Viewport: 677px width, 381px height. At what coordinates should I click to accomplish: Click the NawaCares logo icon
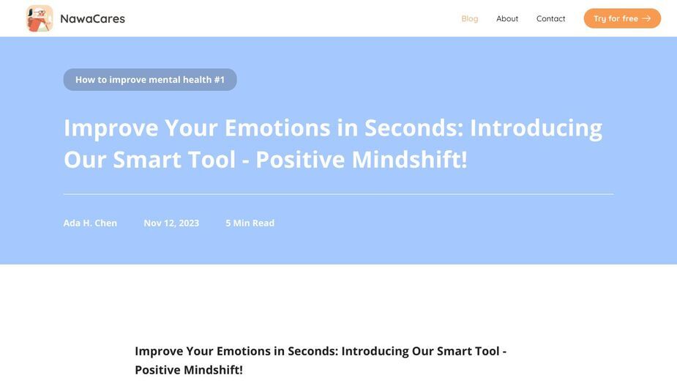[40, 18]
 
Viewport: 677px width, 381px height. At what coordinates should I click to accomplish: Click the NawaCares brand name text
[92, 18]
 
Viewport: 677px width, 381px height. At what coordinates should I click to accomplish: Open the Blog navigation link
[470, 18]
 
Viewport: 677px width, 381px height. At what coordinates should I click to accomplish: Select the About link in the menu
[507, 18]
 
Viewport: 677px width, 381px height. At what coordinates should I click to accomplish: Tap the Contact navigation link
[550, 18]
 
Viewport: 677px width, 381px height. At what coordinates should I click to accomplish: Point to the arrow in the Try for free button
[646, 18]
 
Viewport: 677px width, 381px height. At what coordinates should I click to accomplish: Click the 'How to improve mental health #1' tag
[150, 80]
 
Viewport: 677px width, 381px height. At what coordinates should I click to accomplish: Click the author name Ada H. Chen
[90, 223]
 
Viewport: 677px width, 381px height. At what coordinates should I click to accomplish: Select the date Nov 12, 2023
[171, 223]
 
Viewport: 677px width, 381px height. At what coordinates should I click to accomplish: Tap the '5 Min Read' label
[250, 223]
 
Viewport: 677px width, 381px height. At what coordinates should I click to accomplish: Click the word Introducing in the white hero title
[536, 128]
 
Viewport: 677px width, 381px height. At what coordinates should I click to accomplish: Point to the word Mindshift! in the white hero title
[409, 160]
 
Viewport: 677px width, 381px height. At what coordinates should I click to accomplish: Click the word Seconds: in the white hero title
[414, 128]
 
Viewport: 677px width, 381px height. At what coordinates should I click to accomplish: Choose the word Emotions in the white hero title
[277, 128]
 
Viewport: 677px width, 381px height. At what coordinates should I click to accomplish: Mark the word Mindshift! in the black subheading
[213, 370]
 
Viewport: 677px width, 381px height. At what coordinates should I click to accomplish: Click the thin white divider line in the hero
[338, 194]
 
